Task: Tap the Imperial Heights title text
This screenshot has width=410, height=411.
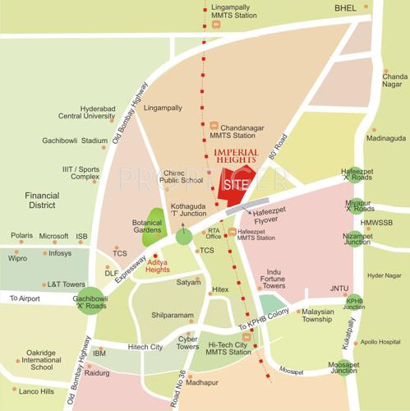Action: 236,157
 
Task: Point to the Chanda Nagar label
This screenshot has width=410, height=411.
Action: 394,81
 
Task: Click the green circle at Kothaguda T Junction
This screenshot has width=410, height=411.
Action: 182,237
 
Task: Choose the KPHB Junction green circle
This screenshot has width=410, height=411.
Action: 355,302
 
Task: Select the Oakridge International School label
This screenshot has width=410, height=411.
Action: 41,359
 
